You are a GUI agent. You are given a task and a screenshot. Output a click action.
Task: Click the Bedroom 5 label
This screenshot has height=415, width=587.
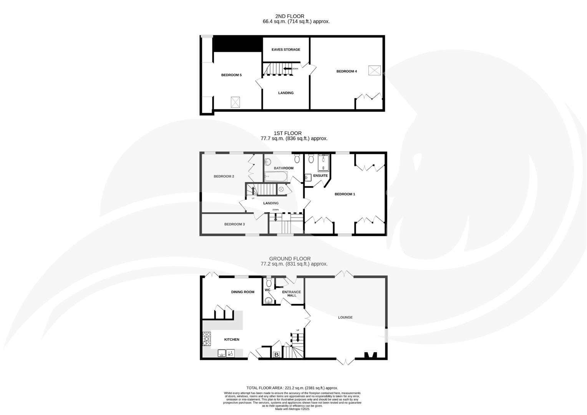(231, 75)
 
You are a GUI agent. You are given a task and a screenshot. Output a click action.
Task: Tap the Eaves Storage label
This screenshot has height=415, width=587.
(286, 50)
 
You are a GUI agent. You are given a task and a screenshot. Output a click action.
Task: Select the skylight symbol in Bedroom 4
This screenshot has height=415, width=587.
(375, 70)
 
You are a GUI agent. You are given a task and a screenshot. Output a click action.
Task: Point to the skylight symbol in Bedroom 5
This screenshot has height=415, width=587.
(236, 102)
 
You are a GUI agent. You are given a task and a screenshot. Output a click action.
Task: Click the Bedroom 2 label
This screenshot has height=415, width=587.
(224, 176)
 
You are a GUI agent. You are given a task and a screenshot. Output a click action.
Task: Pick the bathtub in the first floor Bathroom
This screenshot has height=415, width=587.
(275, 177)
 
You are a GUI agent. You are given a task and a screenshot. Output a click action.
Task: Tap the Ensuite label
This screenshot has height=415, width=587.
(320, 176)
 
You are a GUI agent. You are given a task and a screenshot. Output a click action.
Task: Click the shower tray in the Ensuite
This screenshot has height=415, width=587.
(323, 163)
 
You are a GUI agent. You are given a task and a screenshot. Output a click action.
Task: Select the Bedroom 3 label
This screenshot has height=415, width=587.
(234, 224)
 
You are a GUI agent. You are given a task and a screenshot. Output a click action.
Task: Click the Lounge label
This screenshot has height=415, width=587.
(345, 317)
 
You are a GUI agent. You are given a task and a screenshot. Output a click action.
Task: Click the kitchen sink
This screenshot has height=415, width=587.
(222, 353)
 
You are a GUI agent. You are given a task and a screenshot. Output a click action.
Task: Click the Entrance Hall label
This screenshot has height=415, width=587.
(292, 294)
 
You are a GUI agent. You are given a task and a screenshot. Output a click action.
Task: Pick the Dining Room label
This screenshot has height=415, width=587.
(242, 292)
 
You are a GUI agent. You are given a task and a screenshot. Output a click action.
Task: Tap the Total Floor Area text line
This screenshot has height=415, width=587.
(292, 388)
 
